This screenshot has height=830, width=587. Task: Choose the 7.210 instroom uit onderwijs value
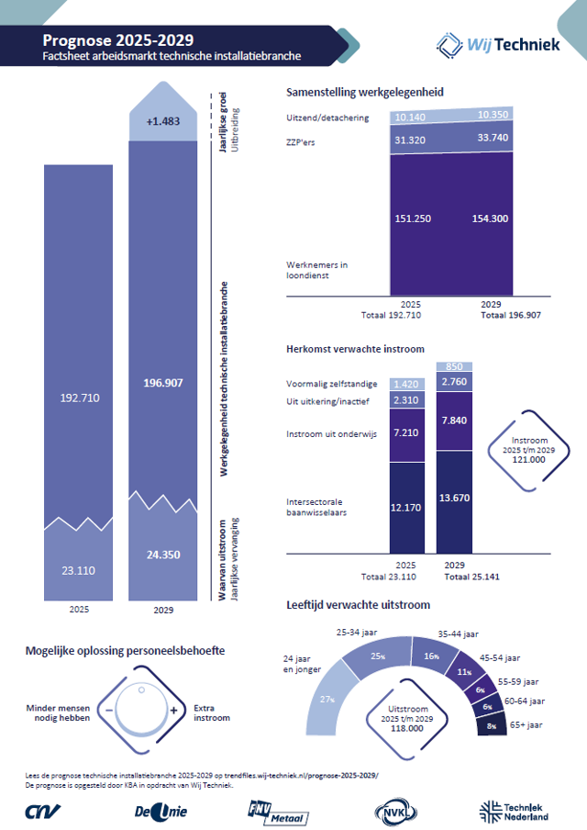405,431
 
